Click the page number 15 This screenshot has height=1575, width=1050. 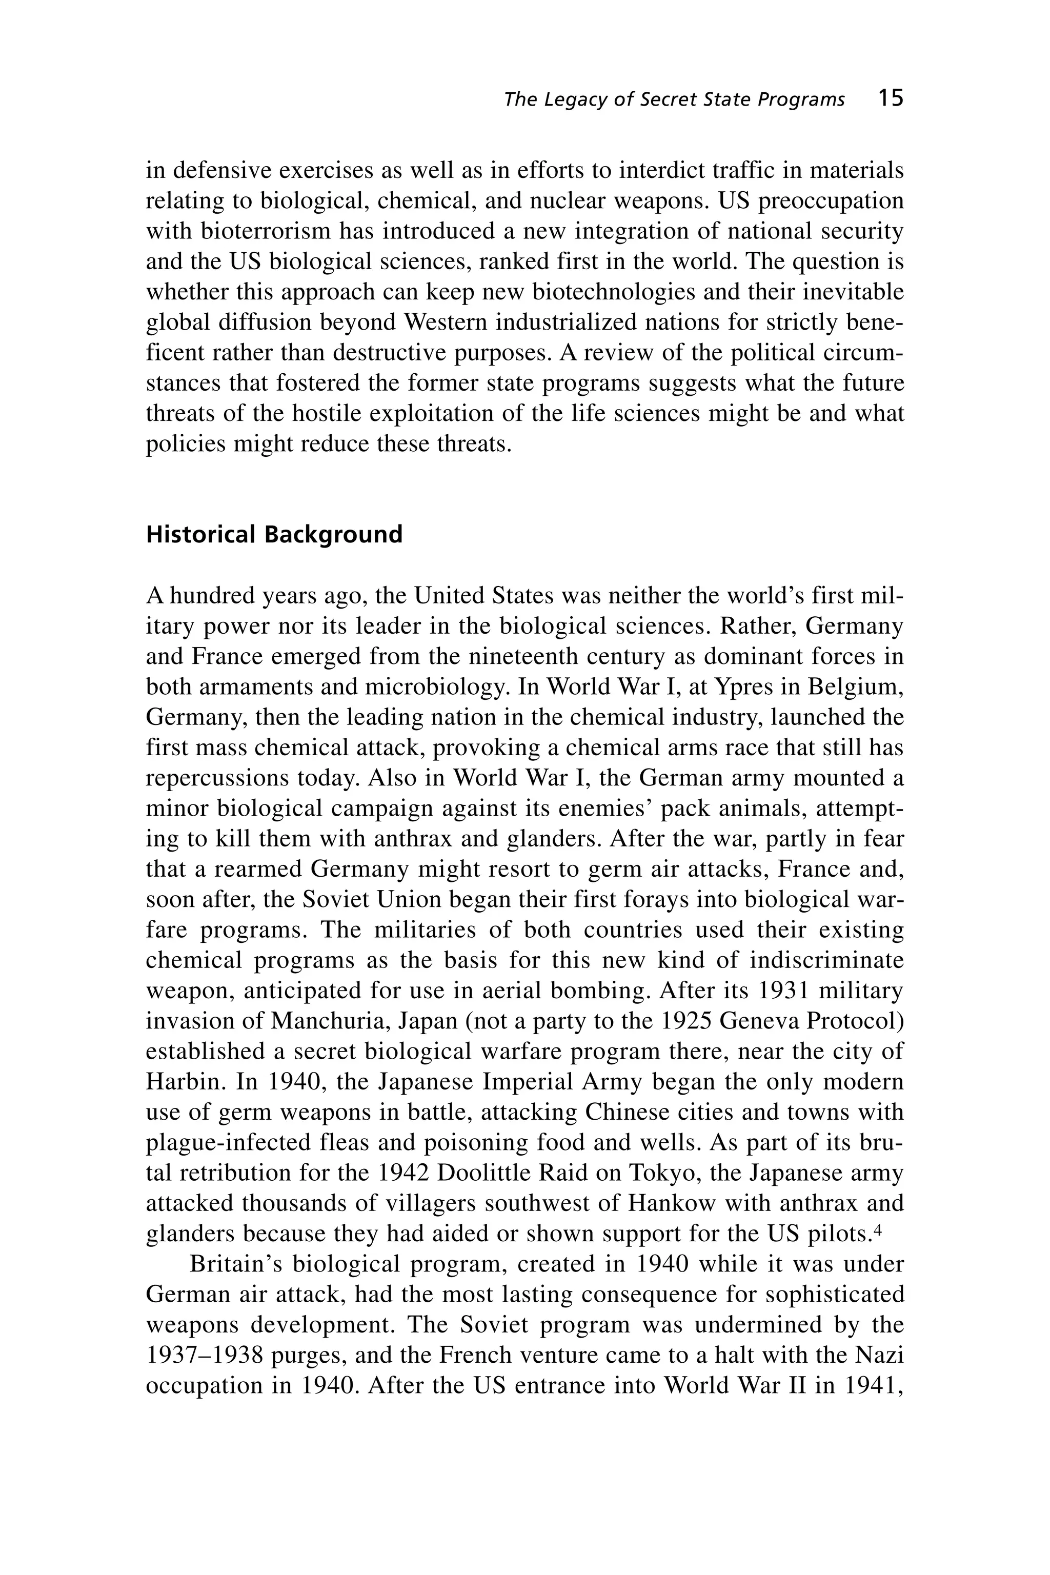click(x=891, y=98)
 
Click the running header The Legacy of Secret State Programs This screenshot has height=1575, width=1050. click(x=674, y=100)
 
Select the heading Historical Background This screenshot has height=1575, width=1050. click(x=274, y=534)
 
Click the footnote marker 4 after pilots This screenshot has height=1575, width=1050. click(x=897, y=1229)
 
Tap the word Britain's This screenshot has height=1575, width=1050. click(x=237, y=1264)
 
